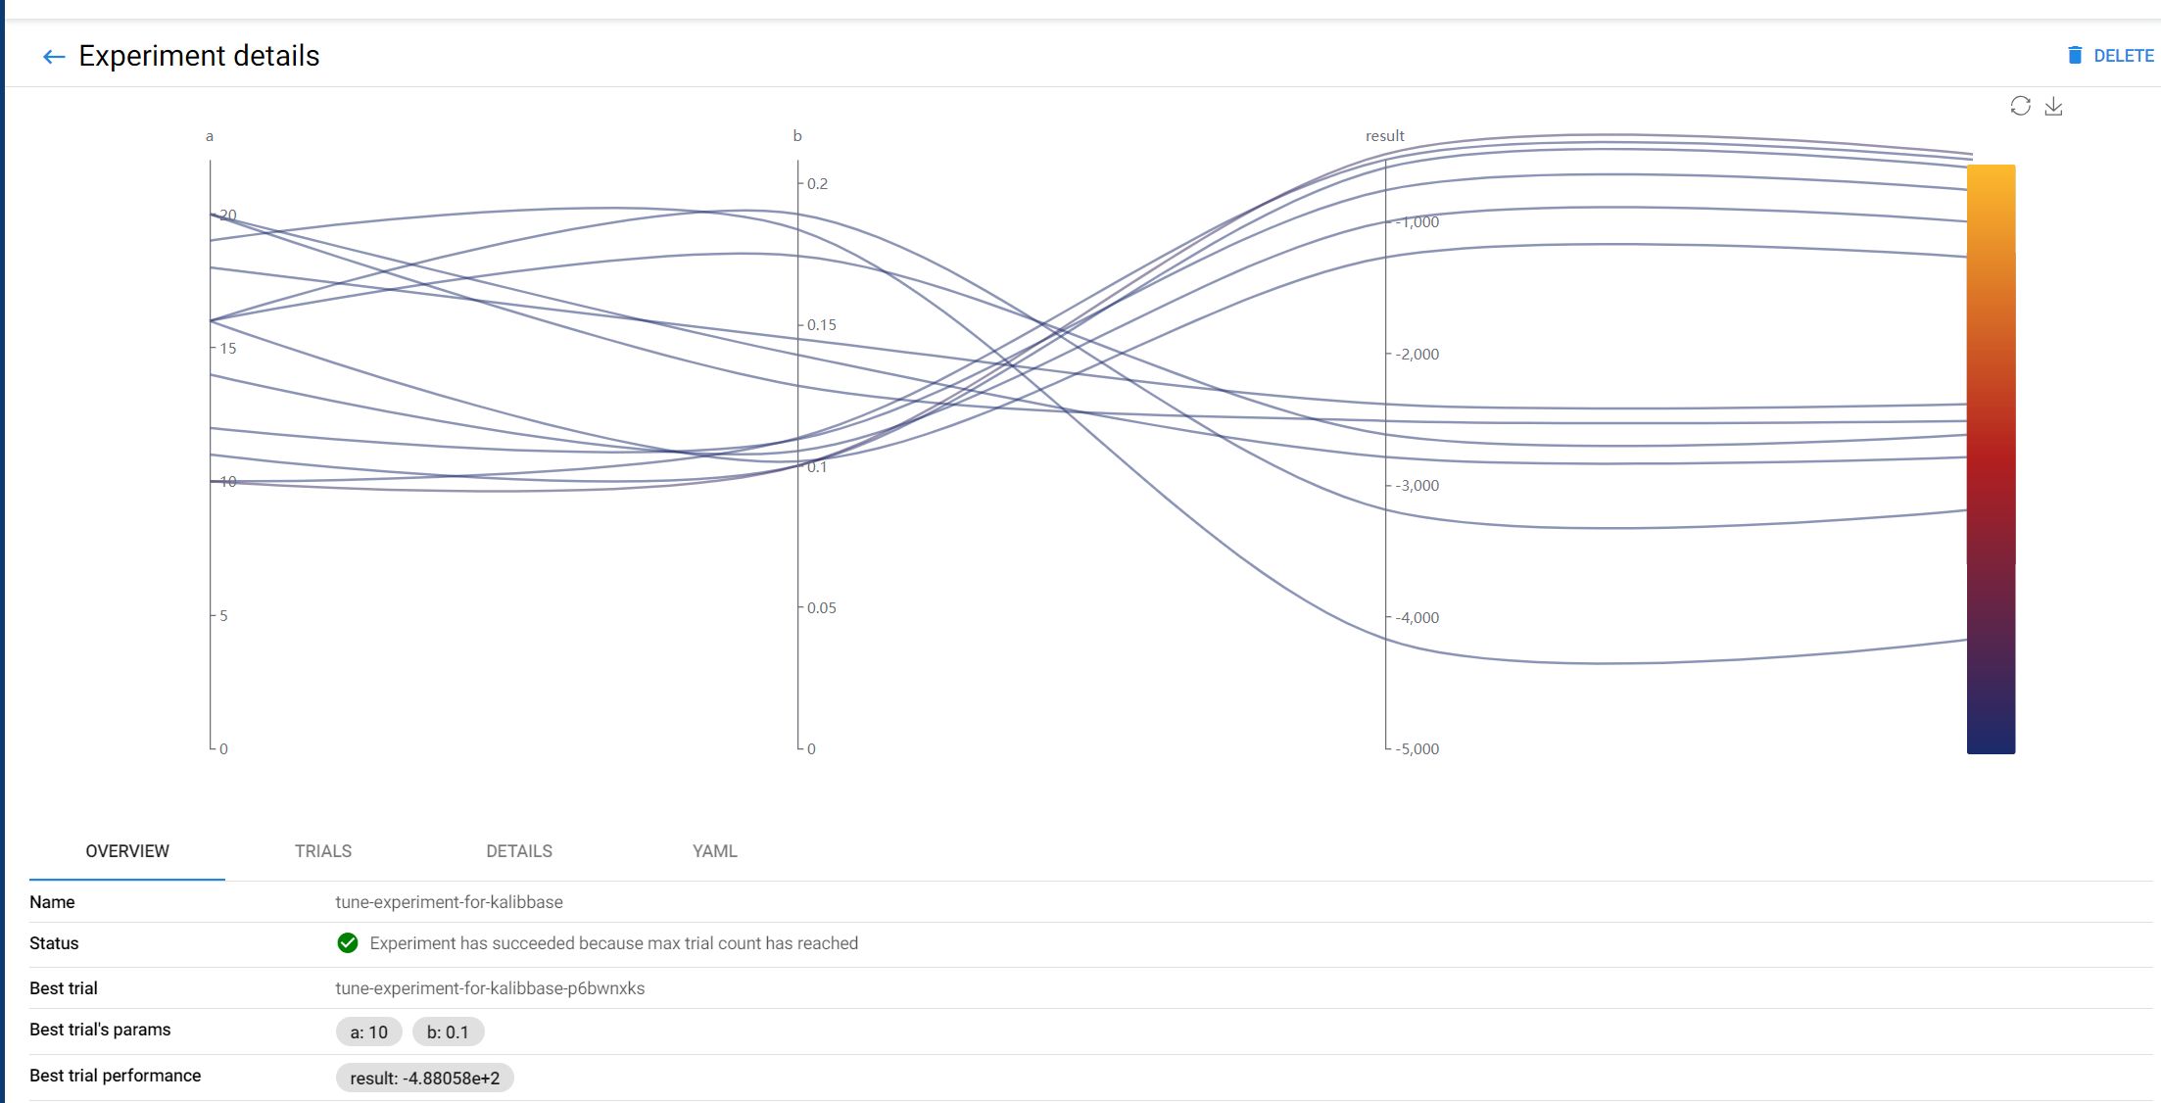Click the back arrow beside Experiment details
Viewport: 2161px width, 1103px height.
pos(54,57)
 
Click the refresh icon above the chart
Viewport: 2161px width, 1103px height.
pos(2020,106)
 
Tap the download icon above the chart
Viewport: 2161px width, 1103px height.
pos(2053,106)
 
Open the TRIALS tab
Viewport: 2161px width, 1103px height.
pos(323,851)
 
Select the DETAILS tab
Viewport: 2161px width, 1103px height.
pos(519,851)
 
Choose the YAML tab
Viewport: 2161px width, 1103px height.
pos(715,851)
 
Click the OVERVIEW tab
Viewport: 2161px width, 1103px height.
pos(127,851)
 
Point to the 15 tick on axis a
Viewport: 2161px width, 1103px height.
pos(227,348)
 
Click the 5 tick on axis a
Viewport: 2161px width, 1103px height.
pos(223,615)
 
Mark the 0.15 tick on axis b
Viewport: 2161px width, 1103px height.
pos(821,324)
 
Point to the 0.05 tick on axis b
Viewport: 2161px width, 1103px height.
pos(821,607)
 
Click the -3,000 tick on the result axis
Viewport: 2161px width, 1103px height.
pos(1417,485)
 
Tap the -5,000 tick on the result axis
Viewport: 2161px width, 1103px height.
pos(1417,748)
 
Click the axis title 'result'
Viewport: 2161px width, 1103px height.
pos(1384,135)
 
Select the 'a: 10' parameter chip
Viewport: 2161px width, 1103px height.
pos(369,1031)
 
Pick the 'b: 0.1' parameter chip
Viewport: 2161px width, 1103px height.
pos(448,1031)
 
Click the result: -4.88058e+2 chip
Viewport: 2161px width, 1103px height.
pos(425,1078)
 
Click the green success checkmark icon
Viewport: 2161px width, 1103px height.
pos(348,943)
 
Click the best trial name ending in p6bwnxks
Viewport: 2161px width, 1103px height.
pos(490,988)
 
